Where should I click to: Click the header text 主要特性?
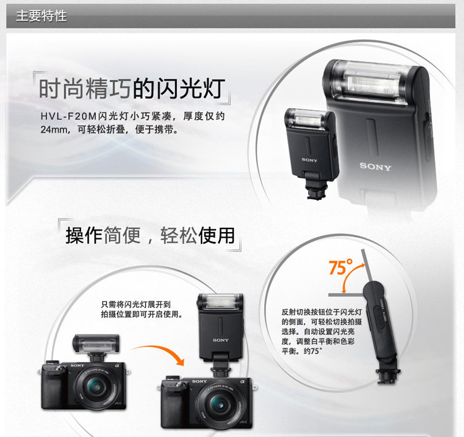(41, 15)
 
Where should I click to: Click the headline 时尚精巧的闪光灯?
(132, 89)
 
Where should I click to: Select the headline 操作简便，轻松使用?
(150, 236)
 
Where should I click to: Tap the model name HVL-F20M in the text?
(69, 116)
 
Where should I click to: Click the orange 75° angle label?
(341, 267)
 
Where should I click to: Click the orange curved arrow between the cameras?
(161, 351)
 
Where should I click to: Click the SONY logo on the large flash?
(376, 167)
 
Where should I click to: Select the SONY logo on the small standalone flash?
(309, 160)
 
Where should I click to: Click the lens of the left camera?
(96, 387)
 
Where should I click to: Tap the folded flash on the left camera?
(96, 344)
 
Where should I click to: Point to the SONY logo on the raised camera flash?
(220, 340)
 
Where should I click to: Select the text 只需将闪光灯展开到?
(136, 305)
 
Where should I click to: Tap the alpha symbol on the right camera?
(243, 382)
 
